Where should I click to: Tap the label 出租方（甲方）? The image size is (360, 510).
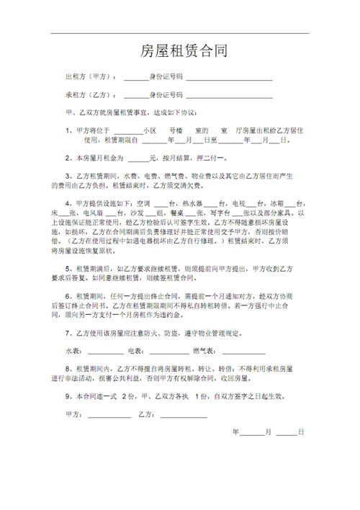(91, 76)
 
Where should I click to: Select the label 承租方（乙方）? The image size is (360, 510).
(91, 95)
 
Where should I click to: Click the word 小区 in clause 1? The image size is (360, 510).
(150, 131)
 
